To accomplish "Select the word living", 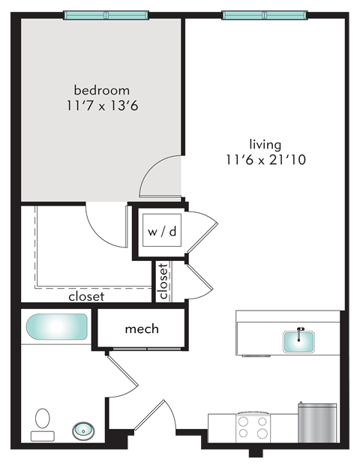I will pyautogui.click(x=265, y=143).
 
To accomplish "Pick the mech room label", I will pyautogui.click(x=141, y=328).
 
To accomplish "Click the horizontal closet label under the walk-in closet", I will pyautogui.click(x=85, y=296).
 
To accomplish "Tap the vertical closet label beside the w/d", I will pyautogui.click(x=163, y=281).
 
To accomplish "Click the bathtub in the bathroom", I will pyautogui.click(x=57, y=328).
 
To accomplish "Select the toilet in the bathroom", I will pyautogui.click(x=43, y=424).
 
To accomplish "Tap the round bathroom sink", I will pyautogui.click(x=82, y=430).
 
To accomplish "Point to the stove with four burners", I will pyautogui.click(x=253, y=427).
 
